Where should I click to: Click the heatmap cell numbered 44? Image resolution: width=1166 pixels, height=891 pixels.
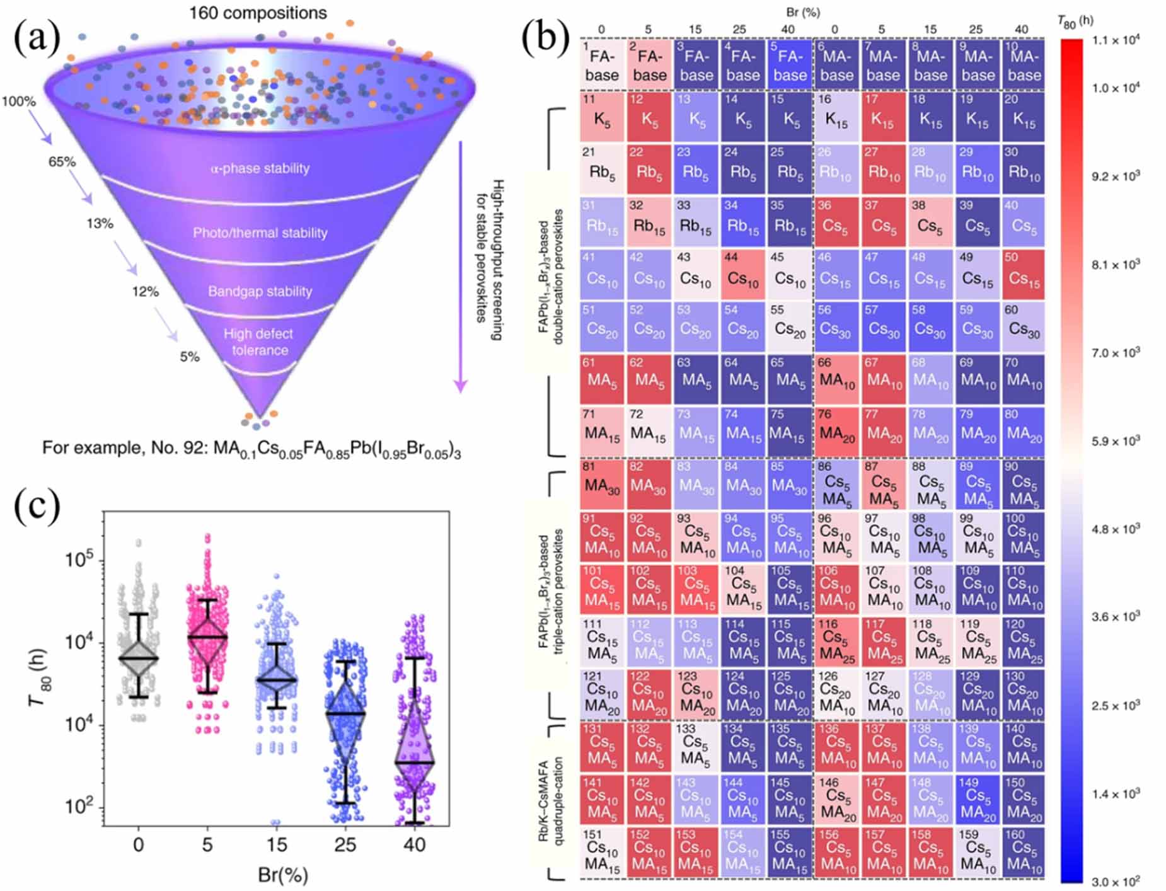(x=742, y=273)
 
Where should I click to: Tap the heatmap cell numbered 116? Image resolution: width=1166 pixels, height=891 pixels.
(x=836, y=641)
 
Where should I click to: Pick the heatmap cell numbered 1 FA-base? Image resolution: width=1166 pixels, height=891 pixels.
(x=602, y=64)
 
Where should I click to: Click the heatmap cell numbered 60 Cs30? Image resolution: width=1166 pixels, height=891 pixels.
(x=1024, y=326)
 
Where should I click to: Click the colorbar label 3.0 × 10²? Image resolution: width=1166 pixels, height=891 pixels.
(x=1115, y=881)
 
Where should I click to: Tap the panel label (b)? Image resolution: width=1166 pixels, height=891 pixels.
(x=545, y=39)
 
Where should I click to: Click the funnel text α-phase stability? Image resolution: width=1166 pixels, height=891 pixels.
(x=260, y=168)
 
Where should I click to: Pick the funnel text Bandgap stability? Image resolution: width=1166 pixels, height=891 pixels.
(x=260, y=291)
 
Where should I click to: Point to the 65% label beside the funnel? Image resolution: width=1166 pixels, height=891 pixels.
(x=62, y=161)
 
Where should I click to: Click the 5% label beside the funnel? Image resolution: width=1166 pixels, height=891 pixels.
(x=189, y=357)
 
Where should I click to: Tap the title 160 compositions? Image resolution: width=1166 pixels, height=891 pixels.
(x=258, y=13)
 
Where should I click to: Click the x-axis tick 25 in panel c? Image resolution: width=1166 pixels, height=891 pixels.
(x=345, y=845)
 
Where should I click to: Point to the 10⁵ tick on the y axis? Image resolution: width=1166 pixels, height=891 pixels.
(x=80, y=560)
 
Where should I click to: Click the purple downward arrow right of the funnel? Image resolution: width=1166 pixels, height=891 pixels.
(x=461, y=265)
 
